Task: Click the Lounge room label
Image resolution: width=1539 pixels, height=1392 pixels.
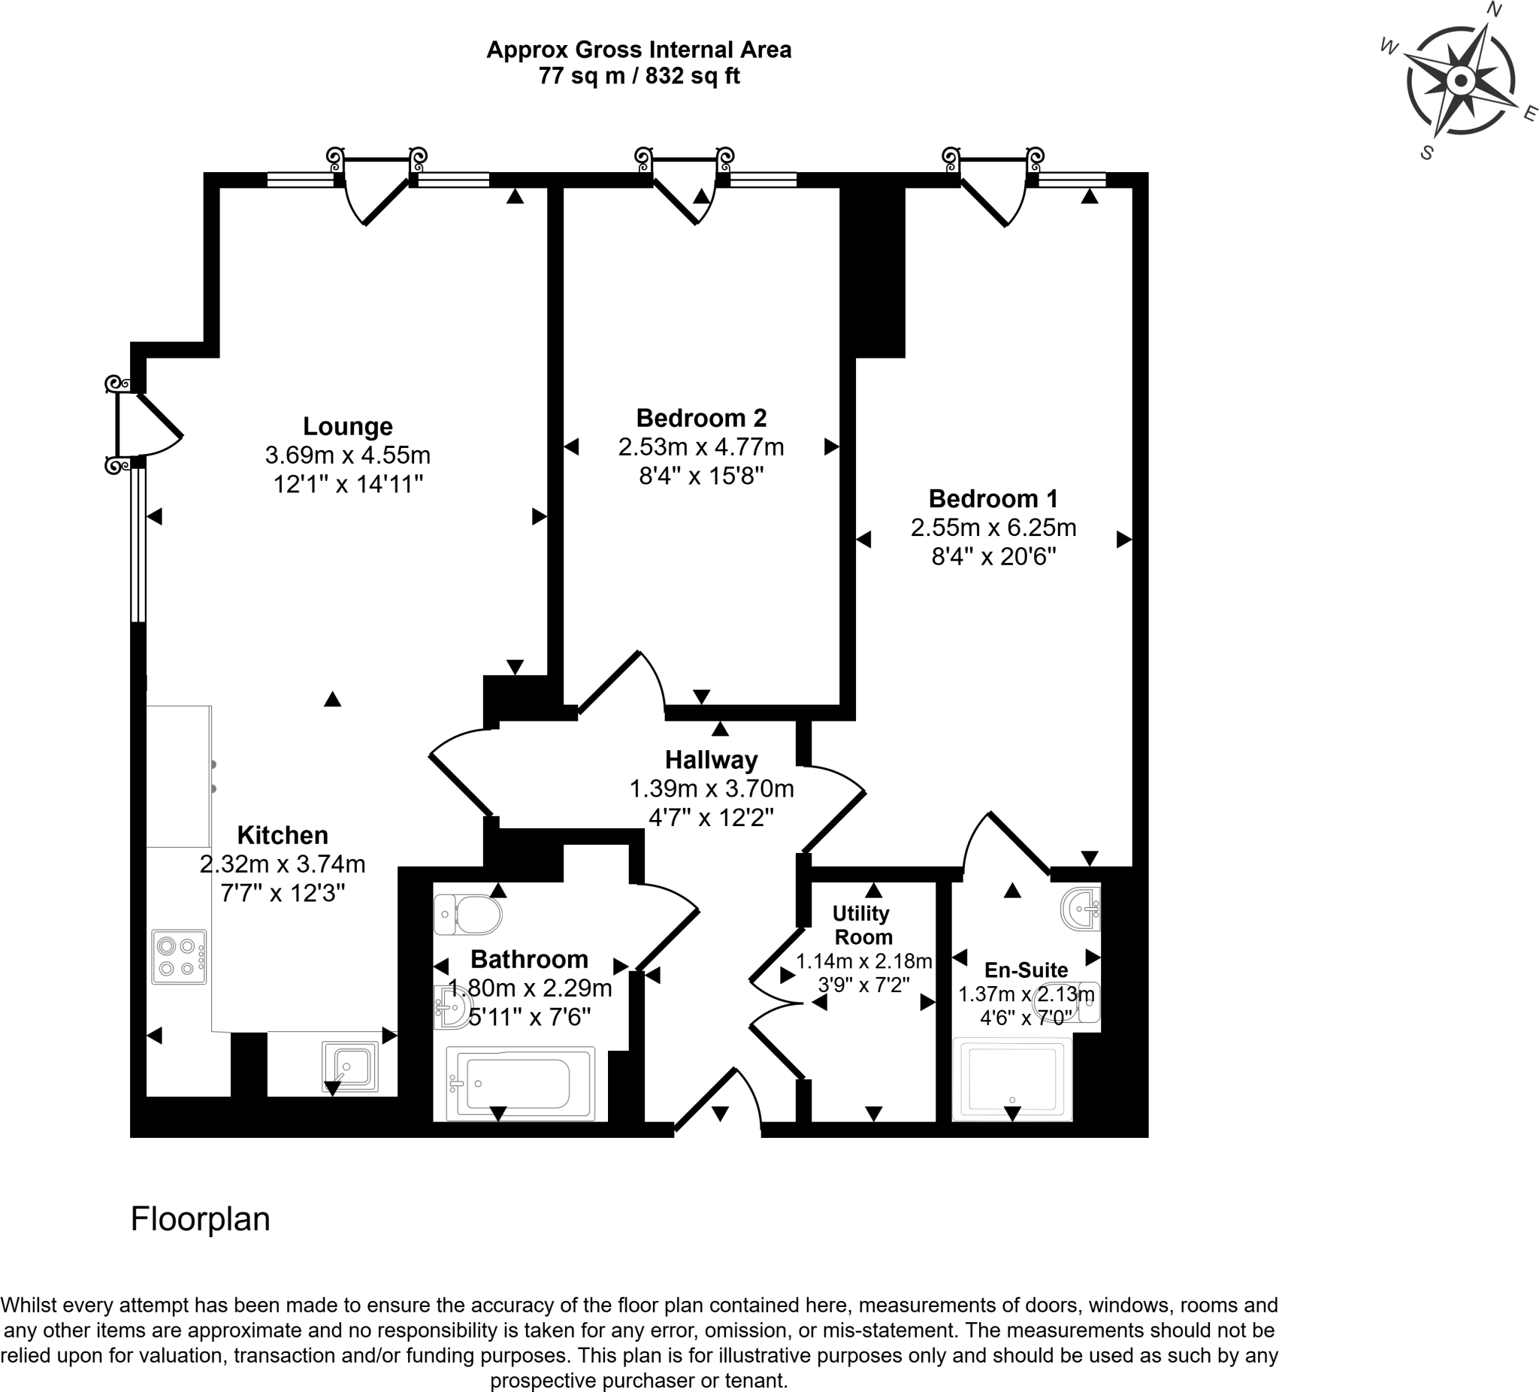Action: [347, 426]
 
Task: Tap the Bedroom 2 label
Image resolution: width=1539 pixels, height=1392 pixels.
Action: [701, 418]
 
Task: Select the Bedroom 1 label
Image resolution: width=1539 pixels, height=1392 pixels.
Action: [993, 498]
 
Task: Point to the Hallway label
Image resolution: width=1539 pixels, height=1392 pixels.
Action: [711, 760]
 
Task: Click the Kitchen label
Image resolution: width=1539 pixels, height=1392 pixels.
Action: [283, 834]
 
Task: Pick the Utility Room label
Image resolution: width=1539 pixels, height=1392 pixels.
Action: [862, 924]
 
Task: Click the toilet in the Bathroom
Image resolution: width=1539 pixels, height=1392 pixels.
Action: [467, 914]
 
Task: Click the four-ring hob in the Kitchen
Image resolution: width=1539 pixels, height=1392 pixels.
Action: [180, 957]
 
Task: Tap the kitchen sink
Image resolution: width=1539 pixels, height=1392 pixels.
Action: [349, 1066]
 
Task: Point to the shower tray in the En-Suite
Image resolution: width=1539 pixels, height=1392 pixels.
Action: [1012, 1078]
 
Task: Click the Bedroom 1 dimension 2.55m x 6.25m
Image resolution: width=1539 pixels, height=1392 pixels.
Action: [993, 528]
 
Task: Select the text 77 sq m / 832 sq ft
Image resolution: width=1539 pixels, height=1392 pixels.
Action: [639, 77]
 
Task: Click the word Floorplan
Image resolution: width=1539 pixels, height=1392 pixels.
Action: [200, 1218]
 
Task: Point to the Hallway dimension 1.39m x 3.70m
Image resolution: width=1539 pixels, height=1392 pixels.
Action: [711, 788]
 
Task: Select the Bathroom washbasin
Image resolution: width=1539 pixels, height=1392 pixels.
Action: [450, 1006]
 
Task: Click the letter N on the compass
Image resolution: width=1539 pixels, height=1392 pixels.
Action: [1493, 9]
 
